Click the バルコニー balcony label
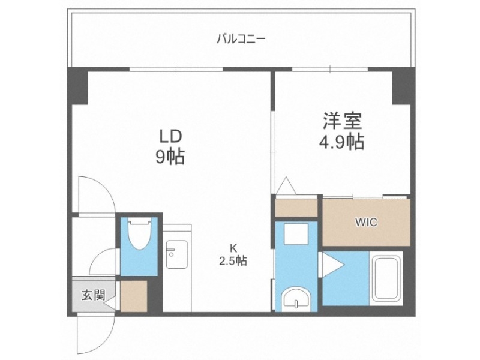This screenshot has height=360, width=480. click(x=241, y=40)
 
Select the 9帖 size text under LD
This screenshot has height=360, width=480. click(x=170, y=157)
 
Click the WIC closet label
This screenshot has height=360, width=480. click(x=366, y=223)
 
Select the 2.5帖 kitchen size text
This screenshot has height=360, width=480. click(x=233, y=261)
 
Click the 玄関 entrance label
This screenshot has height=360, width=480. click(x=94, y=295)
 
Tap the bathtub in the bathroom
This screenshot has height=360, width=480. click(x=388, y=280)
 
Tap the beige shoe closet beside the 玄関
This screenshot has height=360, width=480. click(x=133, y=295)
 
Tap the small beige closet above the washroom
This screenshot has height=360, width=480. click(x=296, y=206)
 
